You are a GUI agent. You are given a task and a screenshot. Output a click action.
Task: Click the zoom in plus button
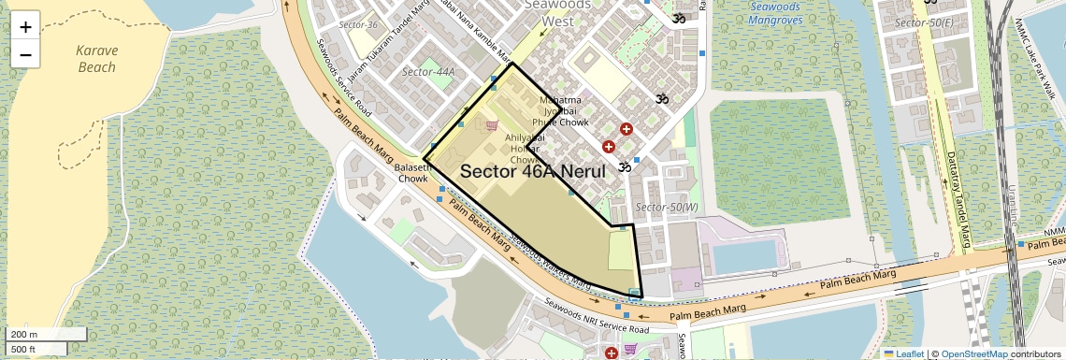[x=25, y=26]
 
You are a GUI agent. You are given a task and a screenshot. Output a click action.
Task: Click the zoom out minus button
[x=25, y=54]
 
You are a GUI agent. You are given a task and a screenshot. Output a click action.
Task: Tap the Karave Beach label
[x=96, y=59]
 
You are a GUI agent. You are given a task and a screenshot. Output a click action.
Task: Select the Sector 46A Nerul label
[x=533, y=171]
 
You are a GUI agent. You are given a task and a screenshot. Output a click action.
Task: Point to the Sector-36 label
[x=358, y=24]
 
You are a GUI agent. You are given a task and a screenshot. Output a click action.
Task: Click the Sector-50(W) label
[x=666, y=207]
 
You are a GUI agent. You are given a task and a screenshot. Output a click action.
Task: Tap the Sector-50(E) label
[x=923, y=22]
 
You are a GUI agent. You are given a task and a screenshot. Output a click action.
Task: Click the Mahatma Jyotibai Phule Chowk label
[x=559, y=111]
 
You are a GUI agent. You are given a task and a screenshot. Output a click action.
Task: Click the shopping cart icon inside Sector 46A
[x=492, y=125]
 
